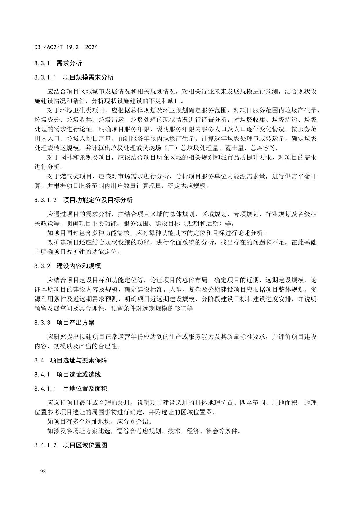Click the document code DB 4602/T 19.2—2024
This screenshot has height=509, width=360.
tap(66, 47)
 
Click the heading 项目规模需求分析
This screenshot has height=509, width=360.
tap(88, 77)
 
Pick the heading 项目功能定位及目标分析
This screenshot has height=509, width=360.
tap(98, 200)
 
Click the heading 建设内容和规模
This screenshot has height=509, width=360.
tap(79, 266)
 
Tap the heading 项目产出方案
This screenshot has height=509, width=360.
tap(75, 323)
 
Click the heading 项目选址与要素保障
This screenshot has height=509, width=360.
tap(79, 360)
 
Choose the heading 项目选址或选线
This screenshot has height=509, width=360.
tap(79, 375)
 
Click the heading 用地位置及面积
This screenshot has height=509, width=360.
tap(85, 389)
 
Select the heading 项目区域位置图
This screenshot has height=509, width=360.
tap(85, 445)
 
